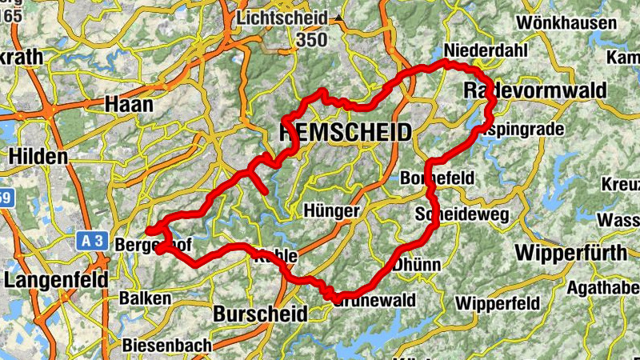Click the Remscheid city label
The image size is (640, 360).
(x=346, y=132)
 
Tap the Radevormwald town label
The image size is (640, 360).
(x=535, y=91)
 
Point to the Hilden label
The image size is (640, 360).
(x=38, y=156)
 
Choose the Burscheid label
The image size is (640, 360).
(x=260, y=314)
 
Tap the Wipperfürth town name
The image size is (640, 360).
(x=570, y=253)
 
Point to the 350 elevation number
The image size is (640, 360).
(x=311, y=39)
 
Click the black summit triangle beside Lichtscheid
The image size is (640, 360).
(x=339, y=17)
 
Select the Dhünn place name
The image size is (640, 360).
(x=418, y=262)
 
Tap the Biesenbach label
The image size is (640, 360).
(x=167, y=346)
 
